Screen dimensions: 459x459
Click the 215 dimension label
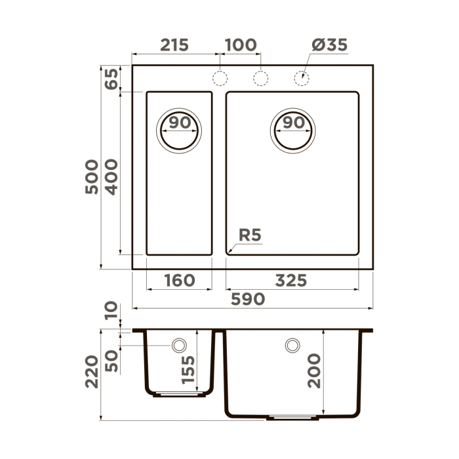click(x=174, y=45)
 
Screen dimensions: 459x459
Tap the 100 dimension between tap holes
click(x=240, y=45)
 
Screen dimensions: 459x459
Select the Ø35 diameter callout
click(x=329, y=45)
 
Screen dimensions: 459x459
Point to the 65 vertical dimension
click(x=111, y=79)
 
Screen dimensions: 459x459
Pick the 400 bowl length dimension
click(x=111, y=176)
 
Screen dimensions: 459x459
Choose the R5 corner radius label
click(x=250, y=235)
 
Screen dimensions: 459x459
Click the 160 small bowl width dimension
click(x=178, y=281)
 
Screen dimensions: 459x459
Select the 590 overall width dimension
click(x=248, y=299)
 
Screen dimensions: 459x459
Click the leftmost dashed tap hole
click(x=220, y=78)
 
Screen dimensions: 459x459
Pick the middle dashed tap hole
click(x=260, y=78)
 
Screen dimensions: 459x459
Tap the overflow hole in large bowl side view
click(x=292, y=345)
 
